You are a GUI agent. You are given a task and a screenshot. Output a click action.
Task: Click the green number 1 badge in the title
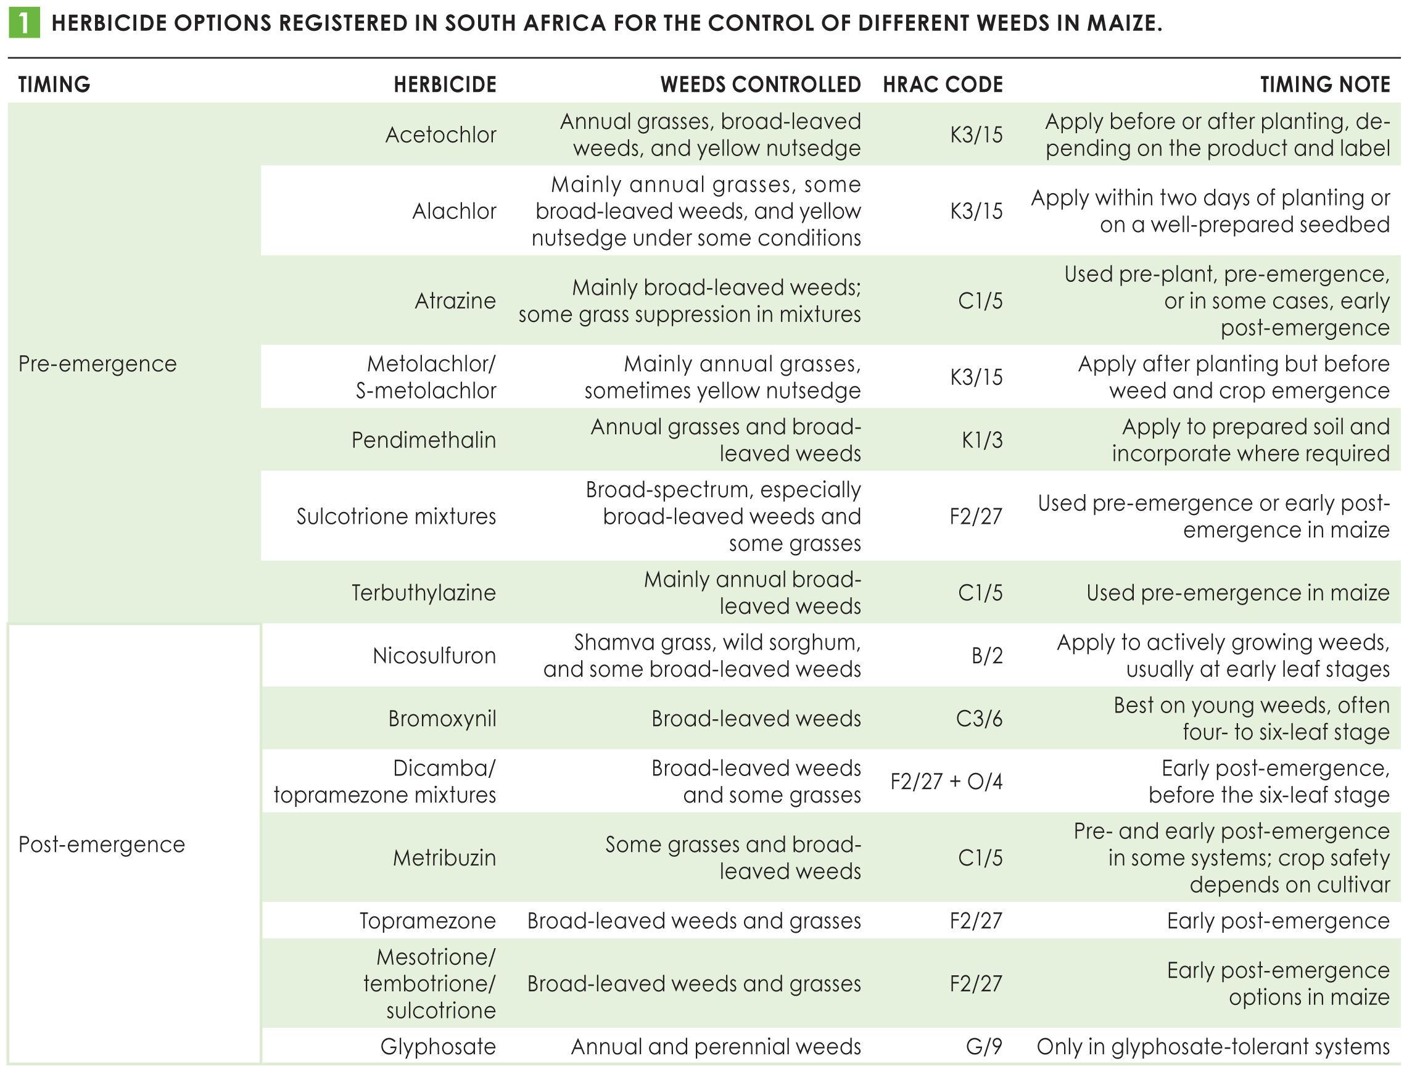(23, 23)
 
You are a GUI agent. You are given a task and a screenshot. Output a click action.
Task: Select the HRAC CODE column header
(943, 85)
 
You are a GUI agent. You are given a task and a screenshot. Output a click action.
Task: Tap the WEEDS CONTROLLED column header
(761, 85)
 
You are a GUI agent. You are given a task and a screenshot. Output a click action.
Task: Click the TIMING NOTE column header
(1325, 85)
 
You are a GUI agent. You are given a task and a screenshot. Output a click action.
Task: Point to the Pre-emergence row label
(97, 364)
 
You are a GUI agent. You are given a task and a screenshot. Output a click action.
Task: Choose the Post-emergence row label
(102, 845)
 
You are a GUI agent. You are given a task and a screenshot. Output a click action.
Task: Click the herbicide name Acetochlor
(440, 135)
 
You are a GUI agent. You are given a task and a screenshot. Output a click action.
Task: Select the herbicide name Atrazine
(455, 300)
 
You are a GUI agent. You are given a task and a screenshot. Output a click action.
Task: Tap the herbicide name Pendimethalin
(424, 440)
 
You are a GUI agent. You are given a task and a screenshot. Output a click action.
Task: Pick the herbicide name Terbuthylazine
(424, 593)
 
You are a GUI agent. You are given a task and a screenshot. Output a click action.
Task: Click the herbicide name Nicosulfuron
(435, 655)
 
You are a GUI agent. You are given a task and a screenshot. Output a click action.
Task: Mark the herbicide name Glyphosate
(439, 1046)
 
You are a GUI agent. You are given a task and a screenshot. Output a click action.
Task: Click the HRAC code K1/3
(983, 440)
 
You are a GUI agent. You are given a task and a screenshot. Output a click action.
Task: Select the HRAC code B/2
(988, 656)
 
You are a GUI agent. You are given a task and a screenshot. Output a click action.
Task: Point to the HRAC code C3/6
(979, 719)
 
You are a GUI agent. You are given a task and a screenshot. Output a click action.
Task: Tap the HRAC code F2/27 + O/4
(947, 781)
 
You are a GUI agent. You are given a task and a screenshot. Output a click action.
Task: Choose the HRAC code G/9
(985, 1046)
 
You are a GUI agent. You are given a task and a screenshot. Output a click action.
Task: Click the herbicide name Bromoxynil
(442, 719)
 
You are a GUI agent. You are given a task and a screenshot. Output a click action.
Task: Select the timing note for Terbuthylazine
(1238, 593)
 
